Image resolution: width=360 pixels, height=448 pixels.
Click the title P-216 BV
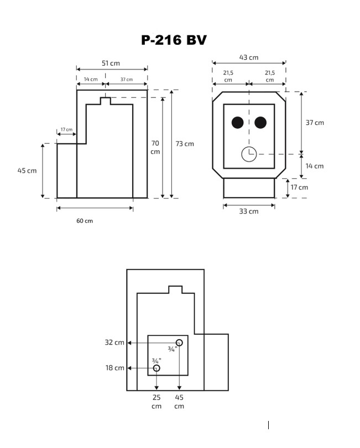point(174,40)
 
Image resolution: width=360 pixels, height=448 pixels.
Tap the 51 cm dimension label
point(111,63)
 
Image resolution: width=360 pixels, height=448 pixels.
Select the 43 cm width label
point(249,57)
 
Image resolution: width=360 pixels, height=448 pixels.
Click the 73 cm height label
point(185,144)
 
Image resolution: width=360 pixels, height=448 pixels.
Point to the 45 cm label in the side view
point(27,171)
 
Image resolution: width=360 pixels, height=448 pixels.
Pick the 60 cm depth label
point(85,220)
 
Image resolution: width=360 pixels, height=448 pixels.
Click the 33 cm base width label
point(249,212)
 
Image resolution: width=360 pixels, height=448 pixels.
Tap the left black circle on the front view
point(238,123)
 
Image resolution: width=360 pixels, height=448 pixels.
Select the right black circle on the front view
point(260,123)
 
